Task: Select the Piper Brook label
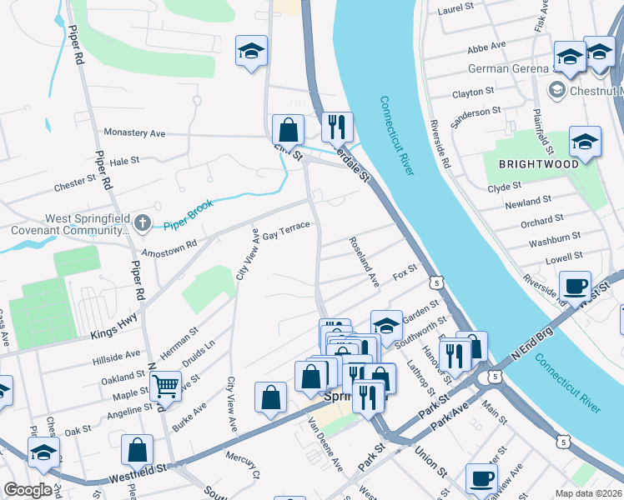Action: [x=188, y=206]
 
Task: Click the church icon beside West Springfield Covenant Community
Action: [x=143, y=222]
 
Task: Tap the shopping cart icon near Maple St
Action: [x=166, y=385]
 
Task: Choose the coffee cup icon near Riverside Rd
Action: [x=575, y=286]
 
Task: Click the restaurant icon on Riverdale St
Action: [x=337, y=127]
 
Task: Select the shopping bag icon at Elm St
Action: [x=288, y=130]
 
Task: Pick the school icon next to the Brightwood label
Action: [x=585, y=142]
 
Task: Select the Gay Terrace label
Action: [x=286, y=231]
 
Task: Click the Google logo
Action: [x=28, y=490]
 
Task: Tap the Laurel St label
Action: [x=455, y=9]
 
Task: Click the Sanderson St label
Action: [x=476, y=117]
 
